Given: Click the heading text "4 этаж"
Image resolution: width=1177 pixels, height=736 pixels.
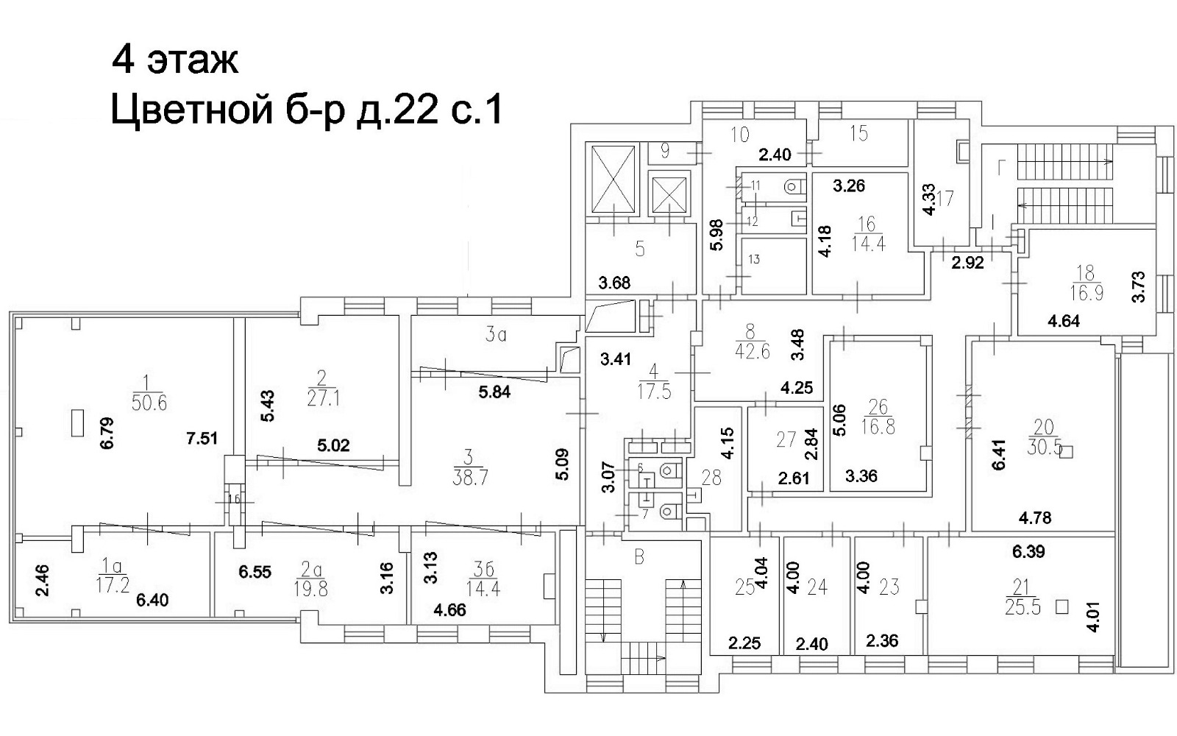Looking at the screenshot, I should tap(175, 60).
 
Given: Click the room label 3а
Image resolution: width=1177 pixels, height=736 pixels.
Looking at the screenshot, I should tap(496, 336).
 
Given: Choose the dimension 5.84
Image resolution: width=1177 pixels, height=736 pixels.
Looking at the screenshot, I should tap(494, 392).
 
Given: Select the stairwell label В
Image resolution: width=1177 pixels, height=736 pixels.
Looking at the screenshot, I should tap(639, 557).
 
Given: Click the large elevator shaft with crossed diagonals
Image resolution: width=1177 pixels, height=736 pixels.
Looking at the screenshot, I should tap(613, 180).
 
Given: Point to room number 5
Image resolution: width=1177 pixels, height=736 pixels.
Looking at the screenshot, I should tap(640, 250).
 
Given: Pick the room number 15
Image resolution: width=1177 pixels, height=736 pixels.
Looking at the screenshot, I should tap(859, 133).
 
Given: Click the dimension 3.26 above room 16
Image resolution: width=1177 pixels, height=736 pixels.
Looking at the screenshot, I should tap(848, 186).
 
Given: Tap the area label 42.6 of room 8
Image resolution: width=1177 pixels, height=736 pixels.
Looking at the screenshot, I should tap(752, 351).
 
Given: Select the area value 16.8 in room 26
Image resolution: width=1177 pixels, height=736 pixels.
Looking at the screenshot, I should tap(878, 426).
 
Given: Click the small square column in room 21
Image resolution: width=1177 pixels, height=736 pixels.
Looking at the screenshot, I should tap(1062, 607).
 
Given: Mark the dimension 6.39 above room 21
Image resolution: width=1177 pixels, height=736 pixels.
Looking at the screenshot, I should tap(1028, 551).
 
